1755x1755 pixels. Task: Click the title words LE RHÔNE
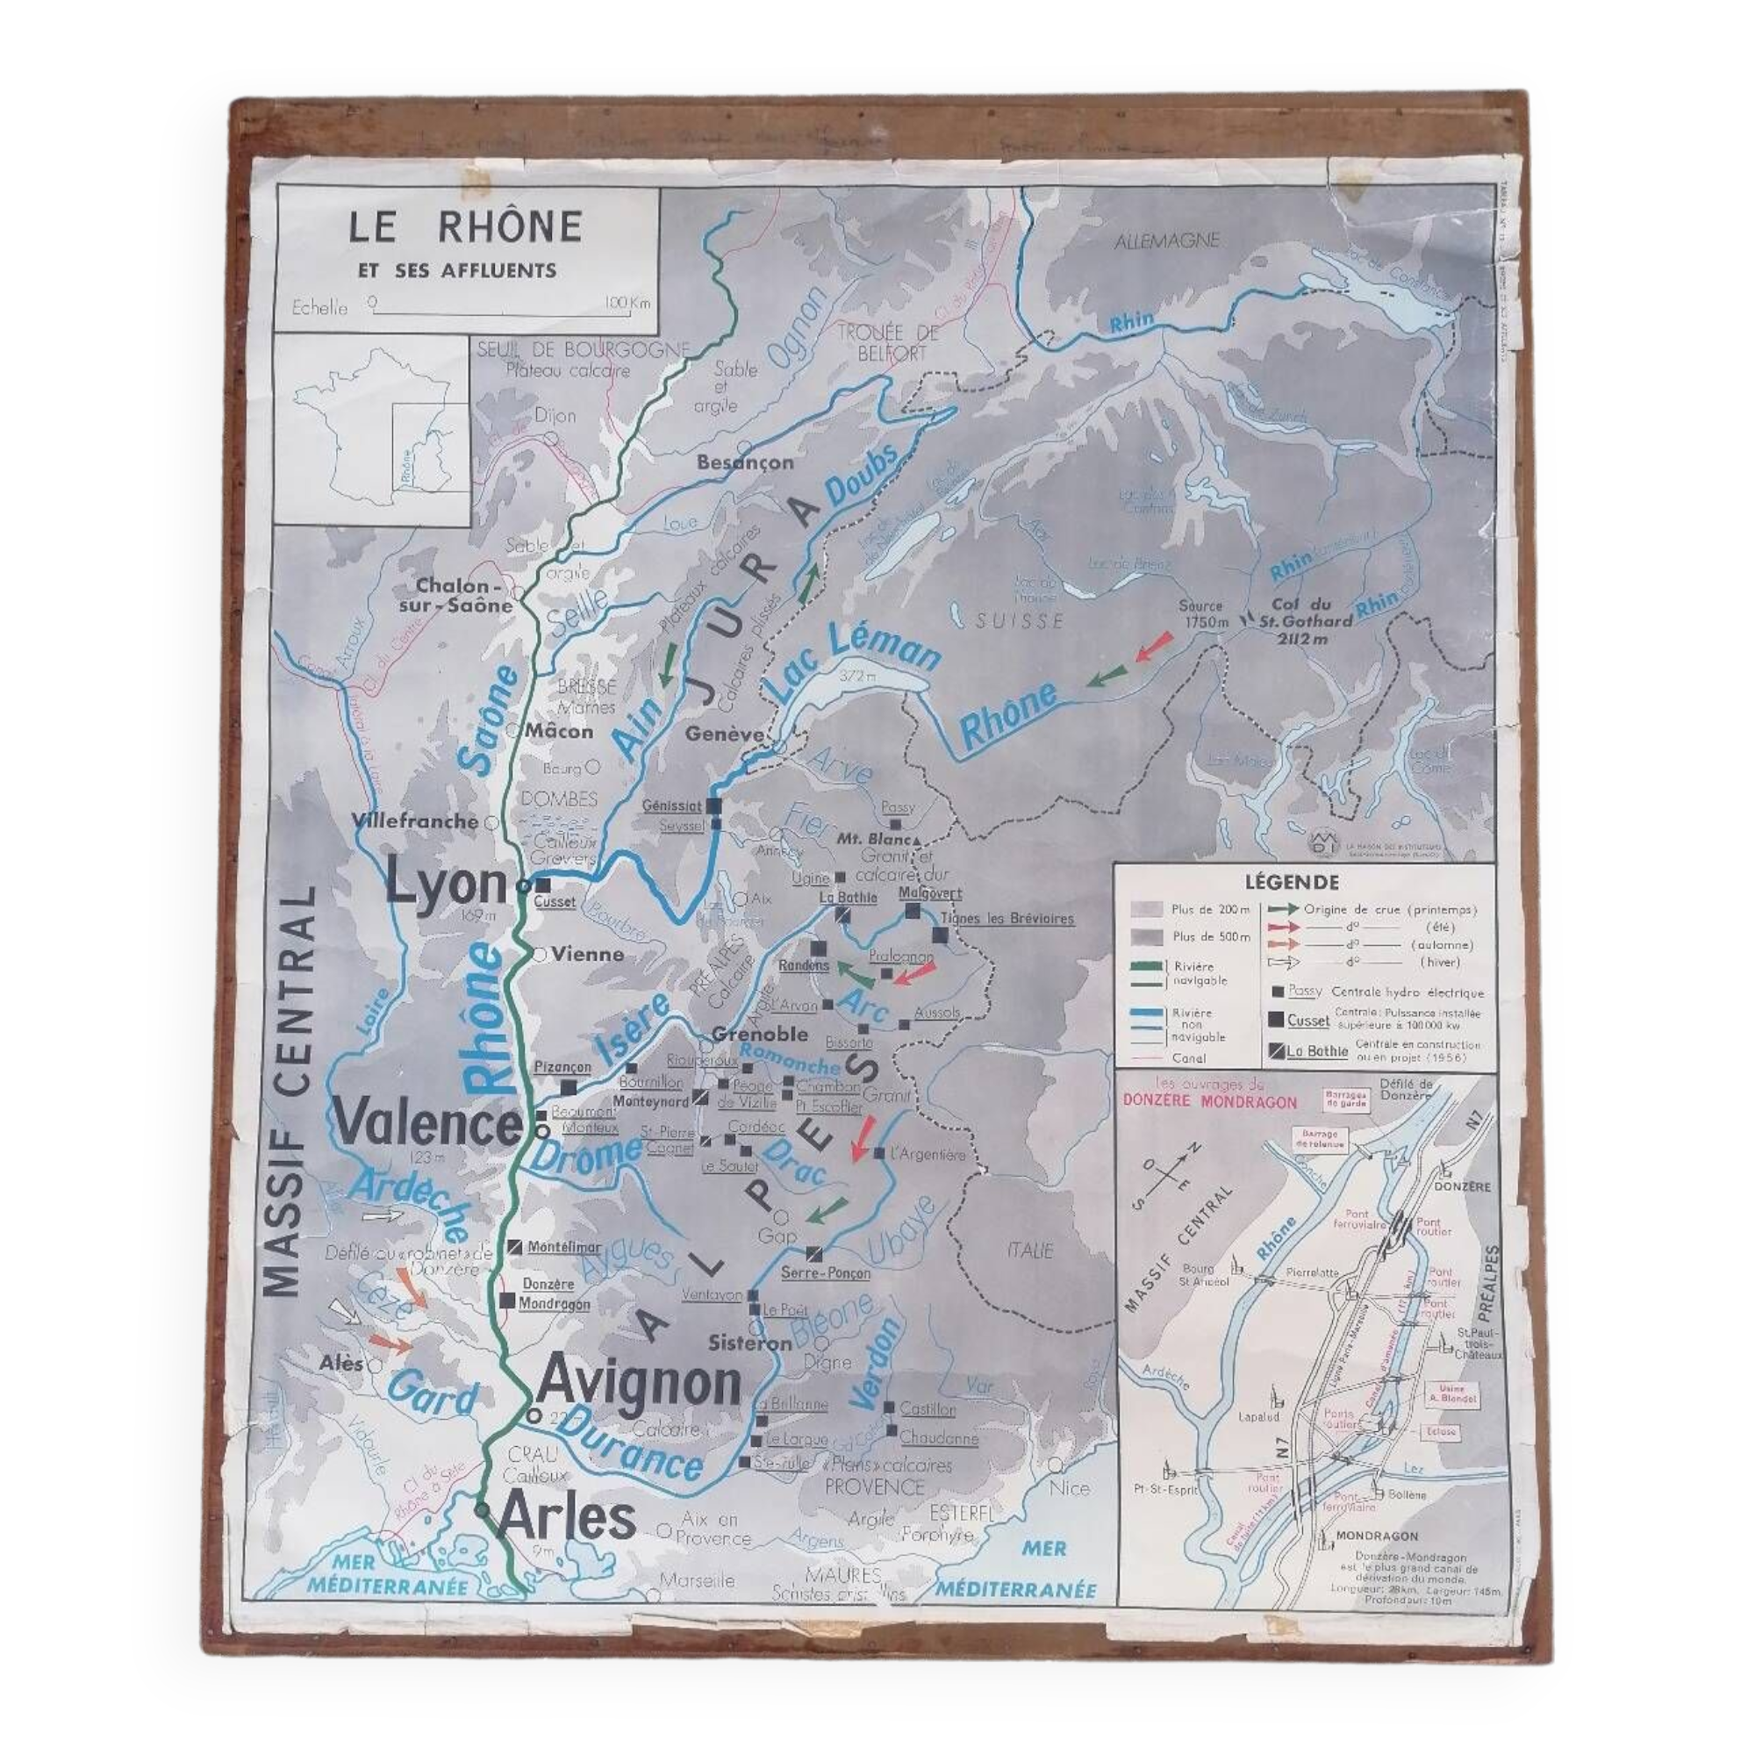point(464,227)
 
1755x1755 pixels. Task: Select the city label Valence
point(427,1124)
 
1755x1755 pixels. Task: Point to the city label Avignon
point(640,1384)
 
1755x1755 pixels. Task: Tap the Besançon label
point(745,462)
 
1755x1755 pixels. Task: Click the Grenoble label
point(759,1034)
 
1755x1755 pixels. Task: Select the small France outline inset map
point(372,429)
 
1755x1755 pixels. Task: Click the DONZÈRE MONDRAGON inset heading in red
point(1210,1101)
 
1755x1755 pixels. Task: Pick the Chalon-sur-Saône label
point(464,596)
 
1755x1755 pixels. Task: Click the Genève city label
point(724,733)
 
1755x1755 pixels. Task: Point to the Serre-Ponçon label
point(825,1272)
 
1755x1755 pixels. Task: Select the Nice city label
point(1068,1487)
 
